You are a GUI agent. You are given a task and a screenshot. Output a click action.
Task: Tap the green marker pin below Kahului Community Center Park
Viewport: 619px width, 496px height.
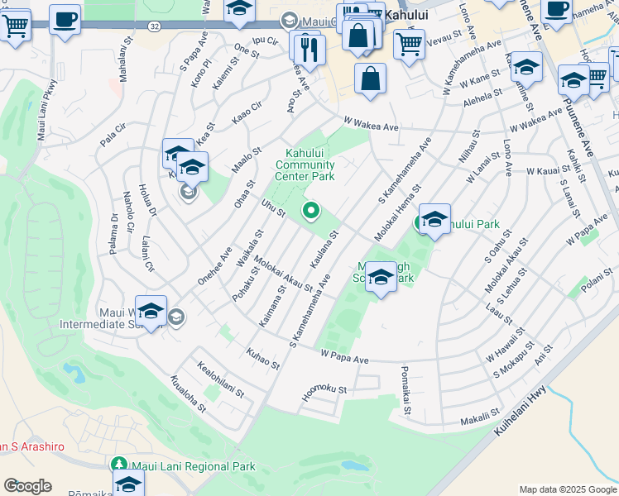(312, 212)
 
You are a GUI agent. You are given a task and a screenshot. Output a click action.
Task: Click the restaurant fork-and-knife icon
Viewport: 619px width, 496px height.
(309, 52)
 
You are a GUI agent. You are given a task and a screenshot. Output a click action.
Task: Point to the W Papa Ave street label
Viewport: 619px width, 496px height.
(343, 358)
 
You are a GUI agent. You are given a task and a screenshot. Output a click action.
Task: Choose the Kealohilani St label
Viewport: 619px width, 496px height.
(220, 379)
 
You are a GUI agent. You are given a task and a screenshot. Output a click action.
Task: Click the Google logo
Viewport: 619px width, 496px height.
(27, 486)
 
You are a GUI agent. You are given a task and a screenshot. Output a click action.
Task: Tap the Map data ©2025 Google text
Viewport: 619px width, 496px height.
(567, 489)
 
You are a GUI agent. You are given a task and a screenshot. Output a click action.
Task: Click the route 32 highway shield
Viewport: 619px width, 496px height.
(154, 26)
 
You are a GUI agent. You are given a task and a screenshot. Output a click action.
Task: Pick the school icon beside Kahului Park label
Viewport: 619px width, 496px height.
(434, 220)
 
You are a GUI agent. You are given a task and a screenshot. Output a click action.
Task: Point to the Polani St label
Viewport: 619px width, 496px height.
(594, 284)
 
